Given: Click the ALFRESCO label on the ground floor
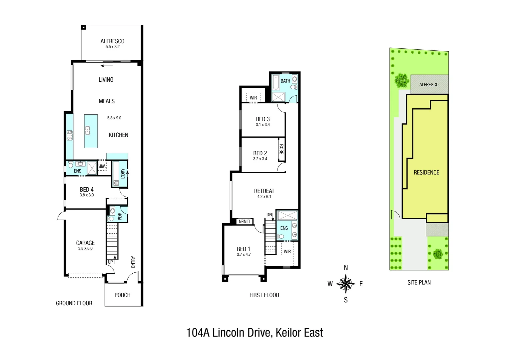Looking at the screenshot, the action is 113,41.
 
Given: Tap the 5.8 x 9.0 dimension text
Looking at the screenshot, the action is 114,118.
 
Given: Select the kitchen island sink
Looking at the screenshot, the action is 87,131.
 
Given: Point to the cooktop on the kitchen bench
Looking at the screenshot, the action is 70,135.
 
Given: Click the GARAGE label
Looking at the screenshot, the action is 85,243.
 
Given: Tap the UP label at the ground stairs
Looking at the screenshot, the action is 110,262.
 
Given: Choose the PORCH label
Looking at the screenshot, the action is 123,295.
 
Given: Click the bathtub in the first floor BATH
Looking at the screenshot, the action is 276,82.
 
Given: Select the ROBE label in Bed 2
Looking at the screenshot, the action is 281,149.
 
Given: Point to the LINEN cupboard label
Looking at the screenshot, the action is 244,222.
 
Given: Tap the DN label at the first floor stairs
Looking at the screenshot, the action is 269,215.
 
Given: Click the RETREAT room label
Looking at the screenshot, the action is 264,191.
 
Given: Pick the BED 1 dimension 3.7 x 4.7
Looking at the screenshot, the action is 244,254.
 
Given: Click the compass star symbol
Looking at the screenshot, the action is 346,284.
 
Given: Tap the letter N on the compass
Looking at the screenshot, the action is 346,268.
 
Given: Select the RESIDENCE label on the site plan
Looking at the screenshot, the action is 426,172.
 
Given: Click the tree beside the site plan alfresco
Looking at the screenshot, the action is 402,80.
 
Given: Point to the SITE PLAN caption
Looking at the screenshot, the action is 419,282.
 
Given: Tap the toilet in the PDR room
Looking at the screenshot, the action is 111,219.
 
